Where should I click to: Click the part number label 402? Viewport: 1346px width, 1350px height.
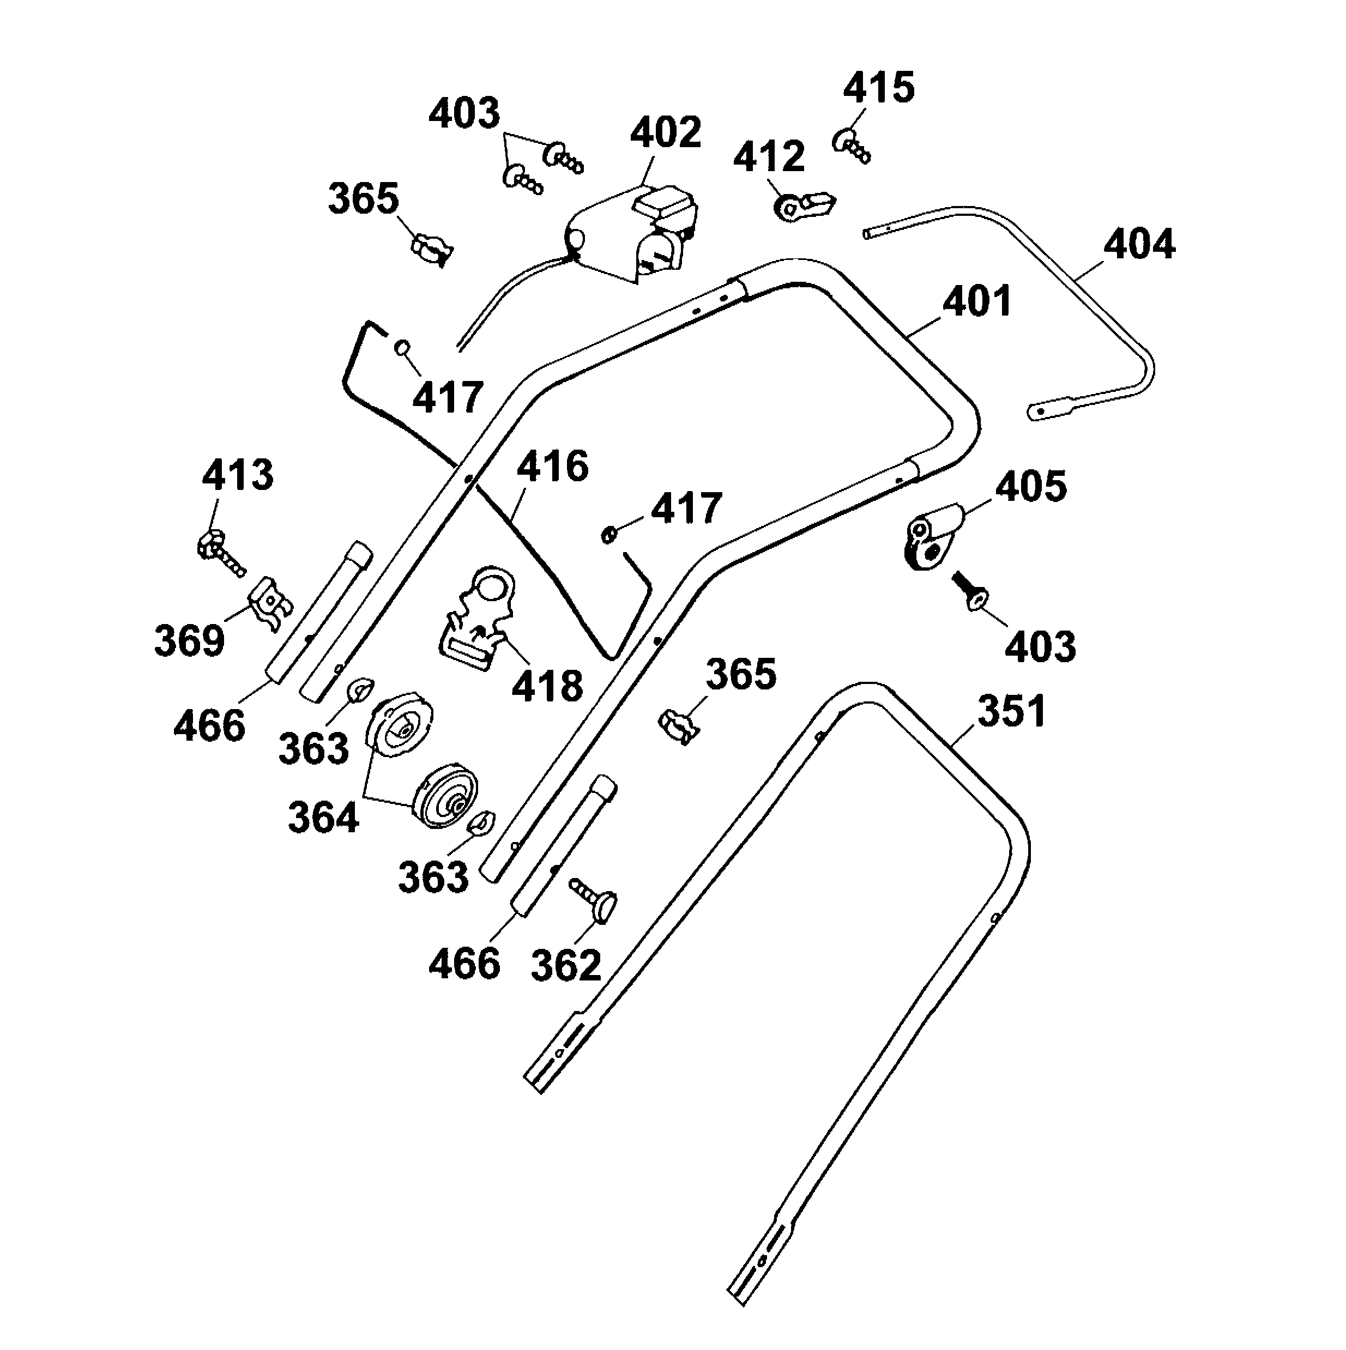pyautogui.click(x=665, y=132)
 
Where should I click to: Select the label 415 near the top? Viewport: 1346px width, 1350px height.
pyautogui.click(x=878, y=89)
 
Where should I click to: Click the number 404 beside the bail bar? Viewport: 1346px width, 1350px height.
pyautogui.click(x=1139, y=245)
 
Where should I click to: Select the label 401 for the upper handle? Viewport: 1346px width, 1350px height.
pyautogui.click(x=977, y=302)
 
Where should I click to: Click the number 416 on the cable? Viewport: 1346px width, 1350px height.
pyautogui.click(x=552, y=466)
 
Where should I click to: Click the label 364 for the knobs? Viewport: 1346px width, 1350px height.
pyautogui.click(x=323, y=817)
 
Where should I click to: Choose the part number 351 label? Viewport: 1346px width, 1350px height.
pyautogui.click(x=1011, y=711)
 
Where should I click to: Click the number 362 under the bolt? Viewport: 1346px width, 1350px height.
pyautogui.click(x=565, y=965)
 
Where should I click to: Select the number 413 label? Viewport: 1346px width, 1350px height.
pyautogui.click(x=238, y=475)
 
